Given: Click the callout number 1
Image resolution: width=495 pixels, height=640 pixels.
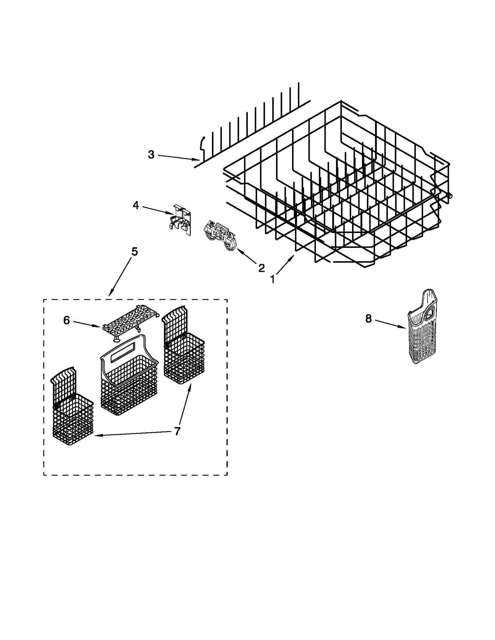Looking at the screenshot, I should coord(272,279).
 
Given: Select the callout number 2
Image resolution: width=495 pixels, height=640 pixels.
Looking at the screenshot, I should coord(261,268).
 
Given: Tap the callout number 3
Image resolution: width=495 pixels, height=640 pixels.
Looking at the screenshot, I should coord(151,155).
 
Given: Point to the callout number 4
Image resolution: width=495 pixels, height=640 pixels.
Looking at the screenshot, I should coord(136,206).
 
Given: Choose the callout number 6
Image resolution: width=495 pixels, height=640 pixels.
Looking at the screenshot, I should coord(67,320).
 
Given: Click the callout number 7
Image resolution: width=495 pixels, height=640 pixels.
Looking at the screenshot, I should coord(177,431).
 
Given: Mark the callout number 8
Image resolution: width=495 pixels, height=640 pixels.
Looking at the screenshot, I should coord(368,319).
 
